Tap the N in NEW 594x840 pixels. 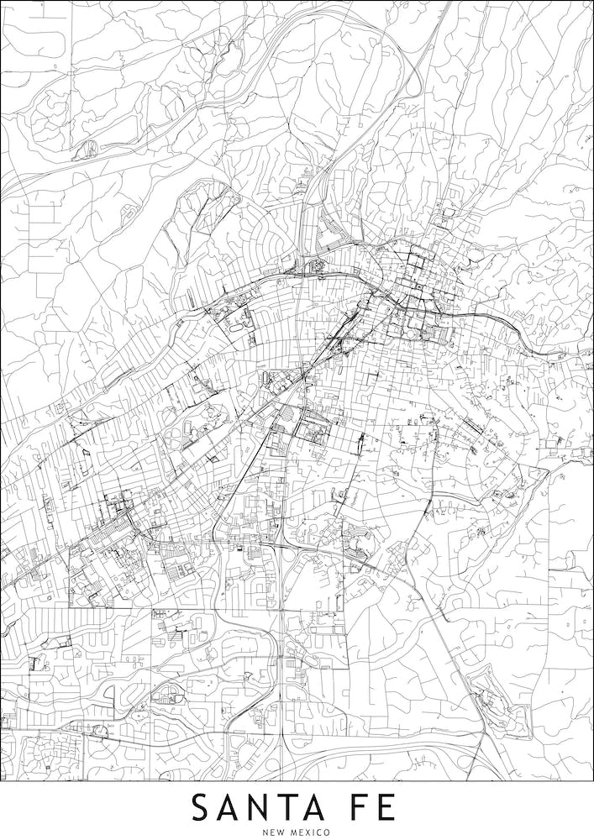[x=265, y=832]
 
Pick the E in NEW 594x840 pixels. [x=275, y=832]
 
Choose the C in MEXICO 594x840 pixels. [x=327, y=832]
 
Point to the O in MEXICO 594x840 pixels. [x=335, y=832]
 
